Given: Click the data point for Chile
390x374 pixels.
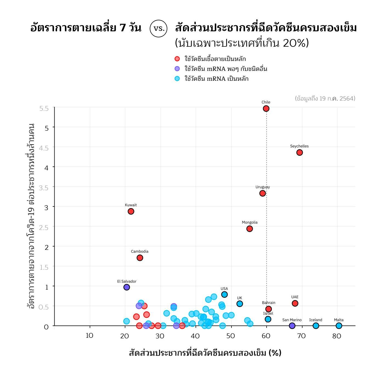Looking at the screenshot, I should pos(266,109).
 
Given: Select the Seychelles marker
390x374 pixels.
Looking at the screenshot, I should pos(299,152).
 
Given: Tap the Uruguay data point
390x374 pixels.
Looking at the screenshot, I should pos(262,193).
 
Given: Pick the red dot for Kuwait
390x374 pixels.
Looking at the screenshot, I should pos(131,211).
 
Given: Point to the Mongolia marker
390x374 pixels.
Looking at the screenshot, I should pos(250,229).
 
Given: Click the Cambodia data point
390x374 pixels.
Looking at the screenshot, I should pos(140,258).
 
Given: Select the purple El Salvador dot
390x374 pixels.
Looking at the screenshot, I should pos(127,287).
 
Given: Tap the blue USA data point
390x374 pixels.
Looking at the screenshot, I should pos(224,295).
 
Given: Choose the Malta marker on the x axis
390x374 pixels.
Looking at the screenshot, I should pos(339,326).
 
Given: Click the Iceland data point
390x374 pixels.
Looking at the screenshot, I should pos(316,326).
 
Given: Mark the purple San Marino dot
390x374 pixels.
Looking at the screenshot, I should pos(292,326).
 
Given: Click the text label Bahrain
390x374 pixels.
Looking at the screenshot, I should pos(269,303).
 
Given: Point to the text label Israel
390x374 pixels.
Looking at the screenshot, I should pos(268,314).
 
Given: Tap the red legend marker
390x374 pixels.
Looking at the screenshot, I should pos(177,59).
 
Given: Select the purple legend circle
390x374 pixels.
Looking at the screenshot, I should pos(177,69).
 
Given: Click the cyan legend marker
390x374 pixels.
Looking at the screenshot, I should pos(177,79).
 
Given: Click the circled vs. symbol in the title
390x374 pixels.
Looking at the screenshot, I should pos(159,28).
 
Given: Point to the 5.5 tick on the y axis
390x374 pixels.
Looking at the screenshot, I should pos(44,109).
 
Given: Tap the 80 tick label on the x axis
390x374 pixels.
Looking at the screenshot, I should pos(337,336).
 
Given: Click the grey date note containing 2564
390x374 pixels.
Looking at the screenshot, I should pos(325,99).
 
